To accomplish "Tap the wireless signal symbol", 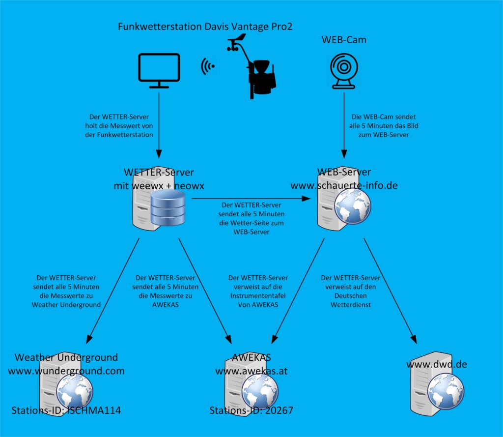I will [208, 66].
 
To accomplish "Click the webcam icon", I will [344, 71].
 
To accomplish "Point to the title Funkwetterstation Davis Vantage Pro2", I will [205, 27].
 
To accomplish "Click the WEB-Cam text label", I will [344, 40].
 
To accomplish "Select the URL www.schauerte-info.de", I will [344, 186].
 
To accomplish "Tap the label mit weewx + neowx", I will [159, 186].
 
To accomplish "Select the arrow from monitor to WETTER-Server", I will [159, 123].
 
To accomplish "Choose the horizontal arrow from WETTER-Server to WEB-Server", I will [251, 199].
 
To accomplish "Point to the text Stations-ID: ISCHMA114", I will [66, 410].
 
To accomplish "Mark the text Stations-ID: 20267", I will [251, 410].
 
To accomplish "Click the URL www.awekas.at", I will [251, 371].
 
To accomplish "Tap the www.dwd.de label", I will [437, 364].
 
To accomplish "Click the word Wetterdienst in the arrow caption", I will [350, 305].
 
